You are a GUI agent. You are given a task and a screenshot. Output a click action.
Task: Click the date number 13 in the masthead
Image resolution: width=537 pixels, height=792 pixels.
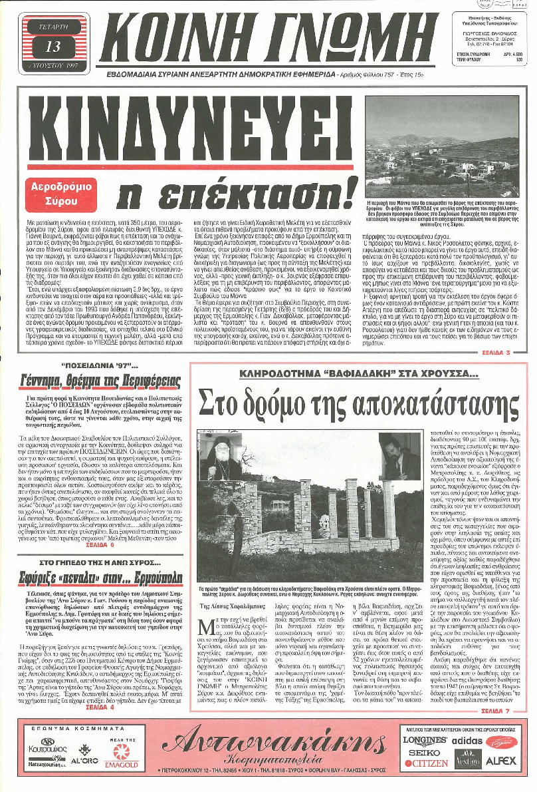click(52, 47)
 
